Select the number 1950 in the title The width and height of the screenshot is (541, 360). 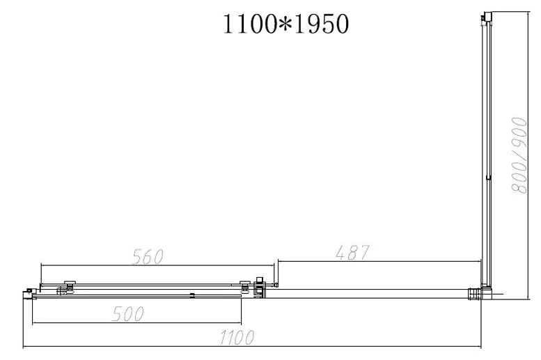tap(322, 24)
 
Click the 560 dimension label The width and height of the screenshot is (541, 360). tap(148, 256)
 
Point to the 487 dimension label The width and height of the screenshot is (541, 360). tap(352, 252)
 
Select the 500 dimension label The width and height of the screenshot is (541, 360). tap(127, 314)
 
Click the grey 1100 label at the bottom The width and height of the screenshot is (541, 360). tap(237, 337)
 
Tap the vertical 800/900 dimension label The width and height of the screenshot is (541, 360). tap(519, 155)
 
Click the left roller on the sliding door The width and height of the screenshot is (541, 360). tap(70, 286)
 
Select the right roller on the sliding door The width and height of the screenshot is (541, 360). tap(245, 286)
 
